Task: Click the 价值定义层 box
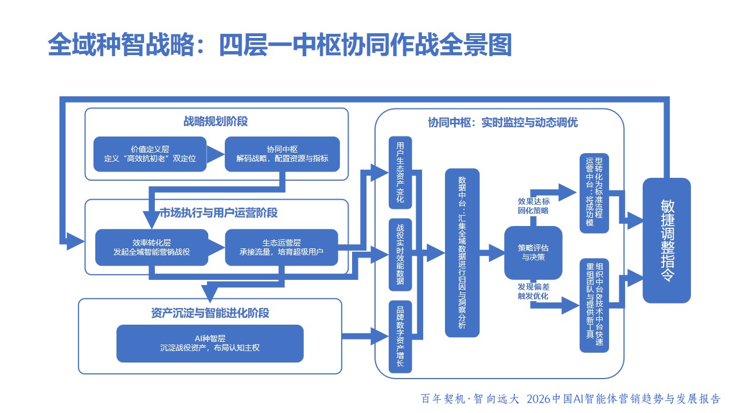150,154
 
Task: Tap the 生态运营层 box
282,247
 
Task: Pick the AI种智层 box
210,344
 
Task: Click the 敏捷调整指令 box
666,240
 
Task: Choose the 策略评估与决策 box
533,253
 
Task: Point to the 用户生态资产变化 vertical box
400,173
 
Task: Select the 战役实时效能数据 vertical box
400,254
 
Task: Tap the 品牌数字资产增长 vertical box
400,337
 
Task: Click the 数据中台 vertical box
462,252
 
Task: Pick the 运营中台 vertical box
594,193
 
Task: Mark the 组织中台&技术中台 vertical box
594,304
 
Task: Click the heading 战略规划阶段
216,122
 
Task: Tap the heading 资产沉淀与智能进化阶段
210,313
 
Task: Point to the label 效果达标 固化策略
533,206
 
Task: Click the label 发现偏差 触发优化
533,291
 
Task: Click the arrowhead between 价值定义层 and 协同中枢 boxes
214,154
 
